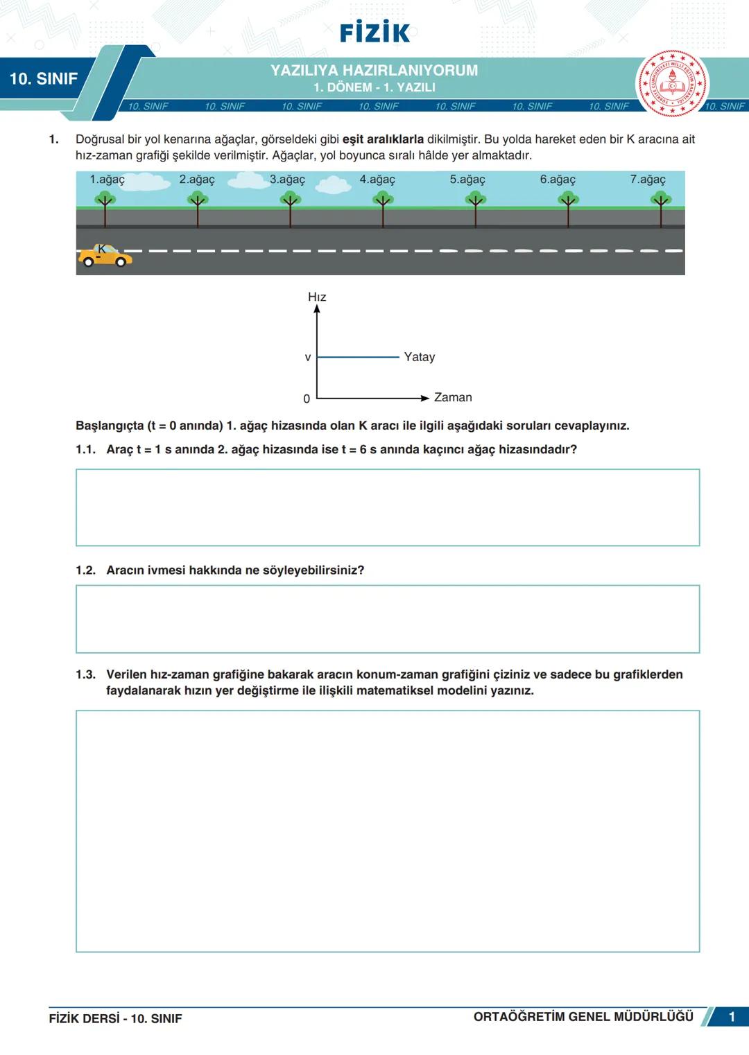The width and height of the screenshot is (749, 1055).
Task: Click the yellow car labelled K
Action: click(x=104, y=256)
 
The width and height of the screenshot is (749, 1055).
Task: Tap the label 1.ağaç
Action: click(x=107, y=180)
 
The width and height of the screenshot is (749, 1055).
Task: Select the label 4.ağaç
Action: click(x=377, y=180)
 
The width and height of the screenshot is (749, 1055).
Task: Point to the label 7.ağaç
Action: click(x=648, y=180)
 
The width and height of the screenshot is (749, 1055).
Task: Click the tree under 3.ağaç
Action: click(x=290, y=208)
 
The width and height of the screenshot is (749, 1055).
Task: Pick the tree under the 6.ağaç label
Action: click(x=568, y=208)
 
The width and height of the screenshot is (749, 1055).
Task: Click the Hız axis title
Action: click(x=317, y=297)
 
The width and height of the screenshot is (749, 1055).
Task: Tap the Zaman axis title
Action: click(x=453, y=397)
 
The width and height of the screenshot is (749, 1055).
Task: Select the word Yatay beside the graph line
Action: click(x=420, y=357)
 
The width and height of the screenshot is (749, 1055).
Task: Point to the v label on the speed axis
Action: click(x=308, y=358)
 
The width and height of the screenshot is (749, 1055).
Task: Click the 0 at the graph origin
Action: click(x=307, y=399)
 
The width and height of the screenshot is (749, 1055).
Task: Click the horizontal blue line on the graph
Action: click(x=358, y=357)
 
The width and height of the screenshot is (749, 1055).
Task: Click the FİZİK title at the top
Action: click(x=374, y=33)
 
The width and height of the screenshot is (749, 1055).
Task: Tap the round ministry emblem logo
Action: click(x=672, y=84)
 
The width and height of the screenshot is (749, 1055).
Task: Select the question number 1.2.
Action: click(x=85, y=570)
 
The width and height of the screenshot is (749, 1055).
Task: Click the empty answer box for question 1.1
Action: click(x=388, y=507)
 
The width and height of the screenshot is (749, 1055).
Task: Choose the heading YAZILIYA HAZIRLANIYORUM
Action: click(x=374, y=71)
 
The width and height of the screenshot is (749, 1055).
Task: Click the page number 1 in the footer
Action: click(x=732, y=1017)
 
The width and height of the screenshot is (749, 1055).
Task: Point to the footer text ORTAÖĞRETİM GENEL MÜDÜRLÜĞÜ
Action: click(x=583, y=1017)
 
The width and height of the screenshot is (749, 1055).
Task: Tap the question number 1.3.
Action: click(x=85, y=674)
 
